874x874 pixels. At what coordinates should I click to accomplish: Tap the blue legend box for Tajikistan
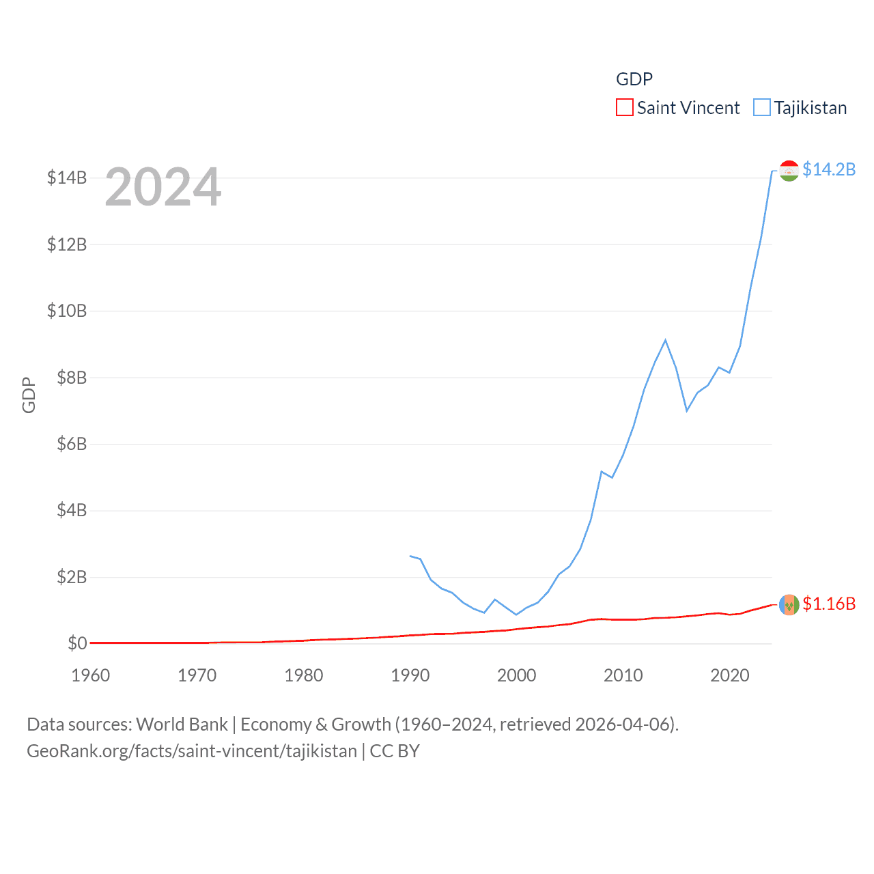[x=762, y=108]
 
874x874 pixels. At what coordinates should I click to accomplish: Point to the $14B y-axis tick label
[x=67, y=178]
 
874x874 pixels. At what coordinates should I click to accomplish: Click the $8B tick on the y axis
[x=72, y=377]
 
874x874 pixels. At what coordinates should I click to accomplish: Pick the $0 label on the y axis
[x=77, y=643]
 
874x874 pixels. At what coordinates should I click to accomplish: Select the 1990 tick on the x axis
[x=410, y=675]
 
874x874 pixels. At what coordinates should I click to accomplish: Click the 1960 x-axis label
[x=90, y=675]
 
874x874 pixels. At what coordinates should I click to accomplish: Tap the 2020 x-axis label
[x=729, y=675]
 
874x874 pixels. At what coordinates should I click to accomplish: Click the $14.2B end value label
[x=829, y=169]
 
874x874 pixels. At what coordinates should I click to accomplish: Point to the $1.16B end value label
[x=829, y=604]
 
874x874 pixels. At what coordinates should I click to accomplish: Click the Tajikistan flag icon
[x=789, y=171]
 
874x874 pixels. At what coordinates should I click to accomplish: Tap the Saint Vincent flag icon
[x=789, y=604]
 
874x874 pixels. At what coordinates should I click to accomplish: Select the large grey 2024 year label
[x=163, y=186]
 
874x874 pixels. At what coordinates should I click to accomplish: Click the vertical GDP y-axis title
[x=29, y=395]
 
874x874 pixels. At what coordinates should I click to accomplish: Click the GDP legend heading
[x=634, y=79]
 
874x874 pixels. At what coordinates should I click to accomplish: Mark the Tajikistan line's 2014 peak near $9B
[x=665, y=340]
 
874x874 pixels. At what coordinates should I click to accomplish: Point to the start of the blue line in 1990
[x=410, y=556]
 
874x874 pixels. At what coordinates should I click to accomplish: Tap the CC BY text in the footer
[x=395, y=751]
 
